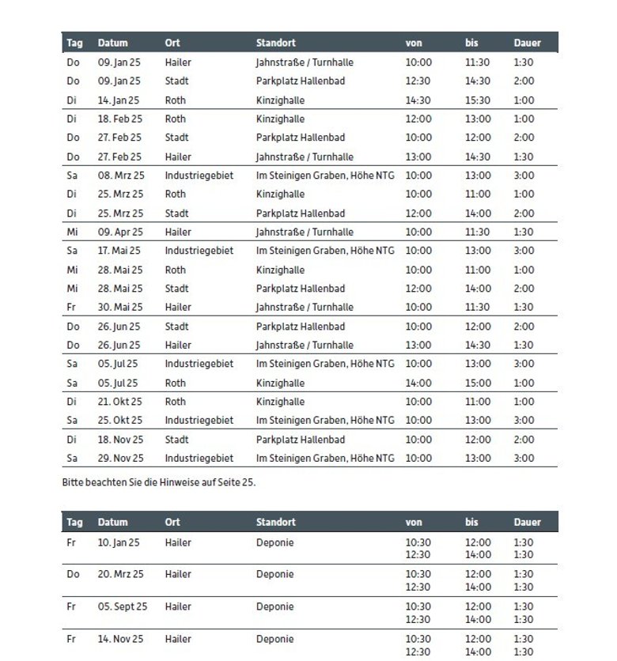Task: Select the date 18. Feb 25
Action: coord(120,119)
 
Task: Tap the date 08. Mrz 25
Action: coord(121,176)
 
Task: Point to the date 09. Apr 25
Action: coord(121,232)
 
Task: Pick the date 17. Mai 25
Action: coord(120,251)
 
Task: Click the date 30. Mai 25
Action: coord(120,308)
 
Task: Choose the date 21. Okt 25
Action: coord(120,402)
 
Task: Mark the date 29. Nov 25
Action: coord(121,459)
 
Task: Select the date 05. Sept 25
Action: coord(123,607)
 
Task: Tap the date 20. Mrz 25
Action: coord(121,574)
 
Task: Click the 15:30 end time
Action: coord(478,100)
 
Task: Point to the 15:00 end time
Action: coord(478,383)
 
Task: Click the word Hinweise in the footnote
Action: coord(181,482)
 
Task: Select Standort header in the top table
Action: coord(276,43)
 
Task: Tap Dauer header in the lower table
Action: coord(528,522)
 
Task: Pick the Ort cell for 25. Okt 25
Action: coord(199,421)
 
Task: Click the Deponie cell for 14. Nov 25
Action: coord(274,639)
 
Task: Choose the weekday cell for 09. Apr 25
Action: coord(74,232)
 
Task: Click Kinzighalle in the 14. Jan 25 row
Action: coord(280,100)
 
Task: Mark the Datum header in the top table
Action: coord(112,43)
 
